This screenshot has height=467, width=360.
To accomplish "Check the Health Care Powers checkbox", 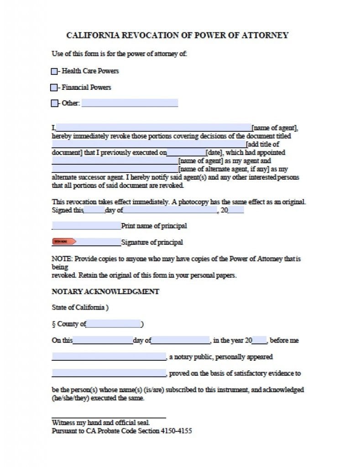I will pos(54,71).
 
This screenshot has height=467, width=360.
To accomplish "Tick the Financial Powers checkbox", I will pos(54,87).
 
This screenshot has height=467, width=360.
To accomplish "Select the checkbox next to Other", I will pos(54,103).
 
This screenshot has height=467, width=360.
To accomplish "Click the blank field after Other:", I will pos(130,103).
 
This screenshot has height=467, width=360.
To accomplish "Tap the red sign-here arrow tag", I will pos(63,242).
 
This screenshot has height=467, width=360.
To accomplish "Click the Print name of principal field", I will pos(86,225).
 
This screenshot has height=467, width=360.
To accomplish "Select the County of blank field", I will pos(113,324).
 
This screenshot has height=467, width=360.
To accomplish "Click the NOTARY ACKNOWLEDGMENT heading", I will pos(105,291).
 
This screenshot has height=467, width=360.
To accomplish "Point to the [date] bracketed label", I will pos(214,152).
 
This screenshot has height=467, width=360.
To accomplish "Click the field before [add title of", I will pos(148,144).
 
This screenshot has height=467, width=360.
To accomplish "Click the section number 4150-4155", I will pos(176,431).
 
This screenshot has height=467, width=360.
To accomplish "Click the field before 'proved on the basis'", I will pos(109,373).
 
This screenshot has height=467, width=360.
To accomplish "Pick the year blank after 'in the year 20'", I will pos(259,340).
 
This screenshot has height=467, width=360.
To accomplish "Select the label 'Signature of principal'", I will pos(152,242).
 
